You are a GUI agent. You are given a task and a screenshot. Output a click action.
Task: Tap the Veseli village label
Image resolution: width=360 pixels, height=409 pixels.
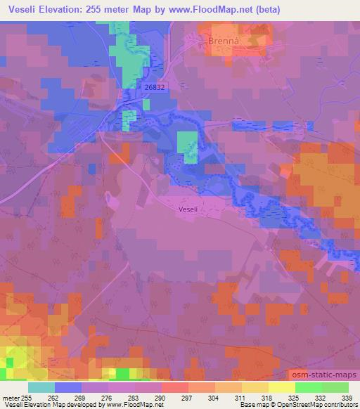(x=188, y=209)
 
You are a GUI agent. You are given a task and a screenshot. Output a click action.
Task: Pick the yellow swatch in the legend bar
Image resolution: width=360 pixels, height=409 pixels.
(x=281, y=387)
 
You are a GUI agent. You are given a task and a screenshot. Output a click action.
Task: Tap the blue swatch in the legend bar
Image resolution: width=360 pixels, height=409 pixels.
(x=68, y=387)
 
